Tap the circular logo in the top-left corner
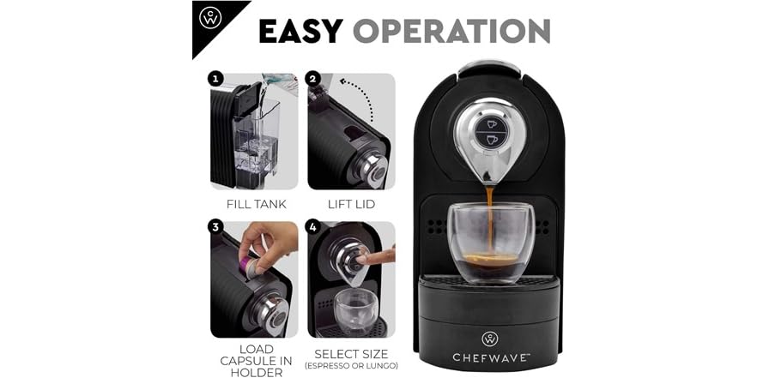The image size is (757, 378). click(210, 18)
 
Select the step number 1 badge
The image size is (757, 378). click(215, 79)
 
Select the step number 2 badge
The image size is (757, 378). click(312, 79)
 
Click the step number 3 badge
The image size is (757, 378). click(215, 227)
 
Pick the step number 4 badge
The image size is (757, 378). click(312, 227)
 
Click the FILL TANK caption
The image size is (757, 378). click(256, 204)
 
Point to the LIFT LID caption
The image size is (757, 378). click(351, 204)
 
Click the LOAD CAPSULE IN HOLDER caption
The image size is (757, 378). click(255, 361)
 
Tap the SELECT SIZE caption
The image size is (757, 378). click(351, 353)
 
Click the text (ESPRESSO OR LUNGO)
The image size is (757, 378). click(351, 366)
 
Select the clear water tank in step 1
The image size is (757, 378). click(261, 141)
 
